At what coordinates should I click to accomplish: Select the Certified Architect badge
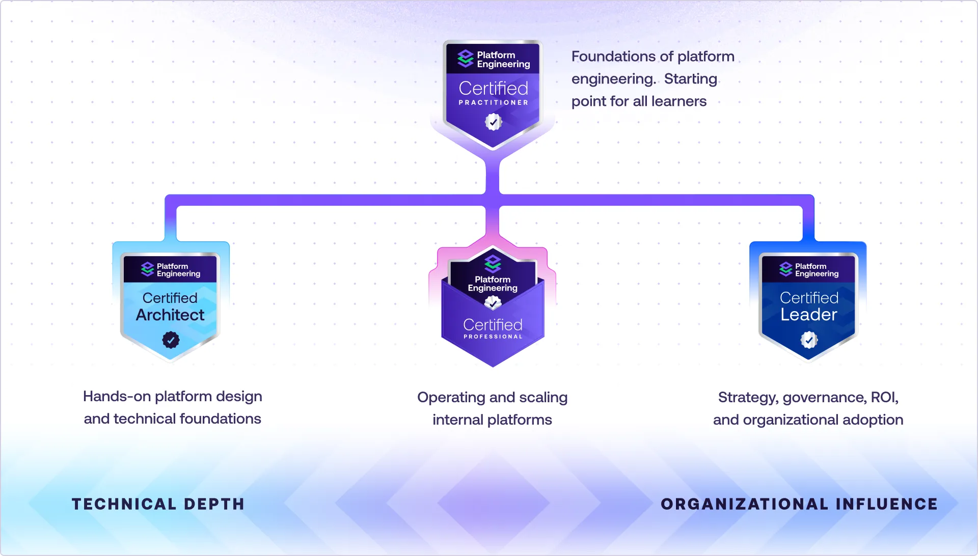coord(170,305)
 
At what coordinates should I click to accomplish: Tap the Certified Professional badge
coord(493,311)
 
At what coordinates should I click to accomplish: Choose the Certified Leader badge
coord(808,305)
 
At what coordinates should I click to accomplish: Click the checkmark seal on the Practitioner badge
coord(493,122)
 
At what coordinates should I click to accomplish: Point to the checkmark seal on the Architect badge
coord(171,340)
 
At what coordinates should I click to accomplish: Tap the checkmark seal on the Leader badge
coord(809,340)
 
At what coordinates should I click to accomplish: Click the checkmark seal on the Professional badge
coord(493,303)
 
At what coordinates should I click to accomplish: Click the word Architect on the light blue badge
coord(170,315)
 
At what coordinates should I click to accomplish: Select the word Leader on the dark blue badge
coord(809,315)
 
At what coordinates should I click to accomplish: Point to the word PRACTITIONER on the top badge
coord(493,102)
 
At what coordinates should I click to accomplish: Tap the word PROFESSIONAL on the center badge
coord(493,337)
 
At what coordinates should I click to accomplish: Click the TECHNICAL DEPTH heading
coord(158,504)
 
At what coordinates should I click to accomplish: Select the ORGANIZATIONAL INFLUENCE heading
coord(799,504)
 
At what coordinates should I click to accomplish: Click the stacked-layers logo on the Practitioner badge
coord(466,59)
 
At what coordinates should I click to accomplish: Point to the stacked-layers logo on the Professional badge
coord(493,263)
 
